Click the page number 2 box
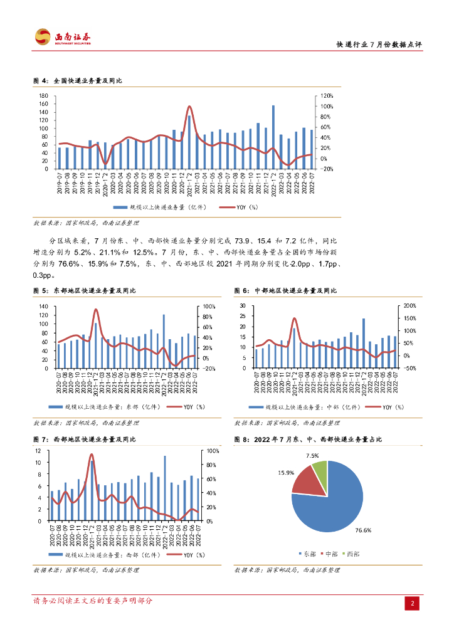[413, 603]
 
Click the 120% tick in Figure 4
[327, 97]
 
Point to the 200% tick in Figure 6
[409, 307]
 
